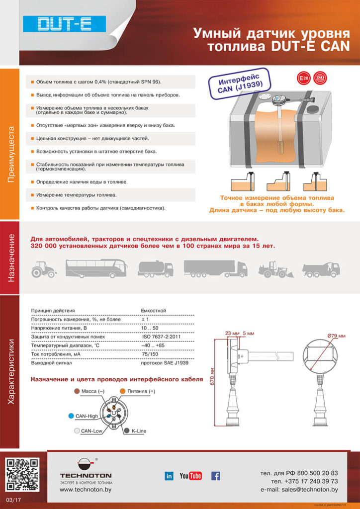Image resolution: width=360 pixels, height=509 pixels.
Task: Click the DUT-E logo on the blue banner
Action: pos(65,24)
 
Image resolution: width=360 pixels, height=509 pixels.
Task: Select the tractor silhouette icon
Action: pos(44,268)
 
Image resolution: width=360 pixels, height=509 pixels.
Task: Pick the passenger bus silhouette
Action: pos(96,268)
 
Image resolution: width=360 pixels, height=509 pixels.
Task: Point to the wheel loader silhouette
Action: pos(272,269)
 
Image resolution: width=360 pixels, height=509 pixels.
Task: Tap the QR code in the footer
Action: pos(21,475)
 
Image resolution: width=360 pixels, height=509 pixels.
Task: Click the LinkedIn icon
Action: pos(169,476)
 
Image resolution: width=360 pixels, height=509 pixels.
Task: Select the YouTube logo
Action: pos(190,476)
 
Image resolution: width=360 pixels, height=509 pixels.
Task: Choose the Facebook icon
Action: pos(216,476)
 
